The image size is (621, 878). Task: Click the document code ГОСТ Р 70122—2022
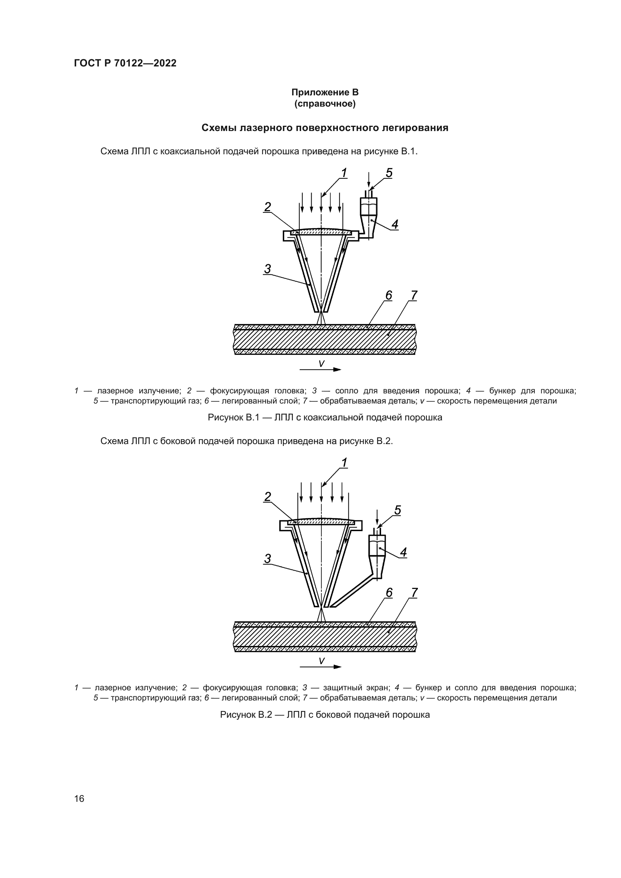click(125, 63)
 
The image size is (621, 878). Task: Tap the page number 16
click(79, 798)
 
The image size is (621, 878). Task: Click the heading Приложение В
click(325, 92)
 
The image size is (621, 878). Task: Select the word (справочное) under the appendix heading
click(325, 104)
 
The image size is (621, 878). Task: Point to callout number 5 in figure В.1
click(389, 173)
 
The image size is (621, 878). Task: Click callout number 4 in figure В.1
click(395, 224)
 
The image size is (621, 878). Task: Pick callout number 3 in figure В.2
click(267, 559)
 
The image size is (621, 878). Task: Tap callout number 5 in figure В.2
click(397, 510)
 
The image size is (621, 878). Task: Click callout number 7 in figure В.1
click(414, 295)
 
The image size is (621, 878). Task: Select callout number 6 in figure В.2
click(389, 592)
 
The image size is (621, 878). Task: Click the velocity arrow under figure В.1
click(320, 369)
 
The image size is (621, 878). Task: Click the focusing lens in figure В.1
click(321, 232)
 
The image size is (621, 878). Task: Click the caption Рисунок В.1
click(325, 417)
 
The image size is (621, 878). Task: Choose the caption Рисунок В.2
click(325, 715)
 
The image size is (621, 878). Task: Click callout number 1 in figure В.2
click(344, 463)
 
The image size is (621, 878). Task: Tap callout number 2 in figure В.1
click(268, 207)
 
